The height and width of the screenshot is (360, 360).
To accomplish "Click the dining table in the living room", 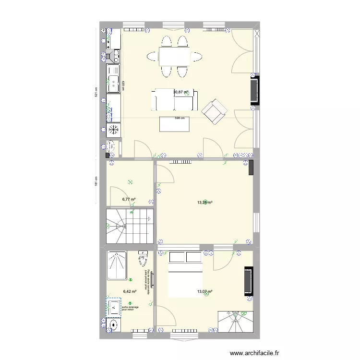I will click(174, 57).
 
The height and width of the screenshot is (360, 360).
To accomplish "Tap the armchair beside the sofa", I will click(214, 111).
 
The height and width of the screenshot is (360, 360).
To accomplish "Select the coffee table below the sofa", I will click(175, 125).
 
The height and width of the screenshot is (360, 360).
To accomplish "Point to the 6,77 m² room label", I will click(129, 199).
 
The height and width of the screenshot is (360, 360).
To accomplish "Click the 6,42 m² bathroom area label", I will click(130, 291).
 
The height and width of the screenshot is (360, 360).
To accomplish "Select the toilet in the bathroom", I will click(143, 259).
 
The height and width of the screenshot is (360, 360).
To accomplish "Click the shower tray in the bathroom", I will click(117, 265).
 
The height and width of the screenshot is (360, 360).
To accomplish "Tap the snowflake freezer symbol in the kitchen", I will click(114, 130).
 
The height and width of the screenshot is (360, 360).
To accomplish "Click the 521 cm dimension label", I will click(96, 91).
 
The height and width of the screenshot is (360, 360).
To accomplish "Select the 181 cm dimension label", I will click(96, 182).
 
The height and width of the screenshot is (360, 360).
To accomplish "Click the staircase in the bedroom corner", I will click(235, 321).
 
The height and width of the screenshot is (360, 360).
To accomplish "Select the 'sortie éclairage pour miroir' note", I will click(130, 309).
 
